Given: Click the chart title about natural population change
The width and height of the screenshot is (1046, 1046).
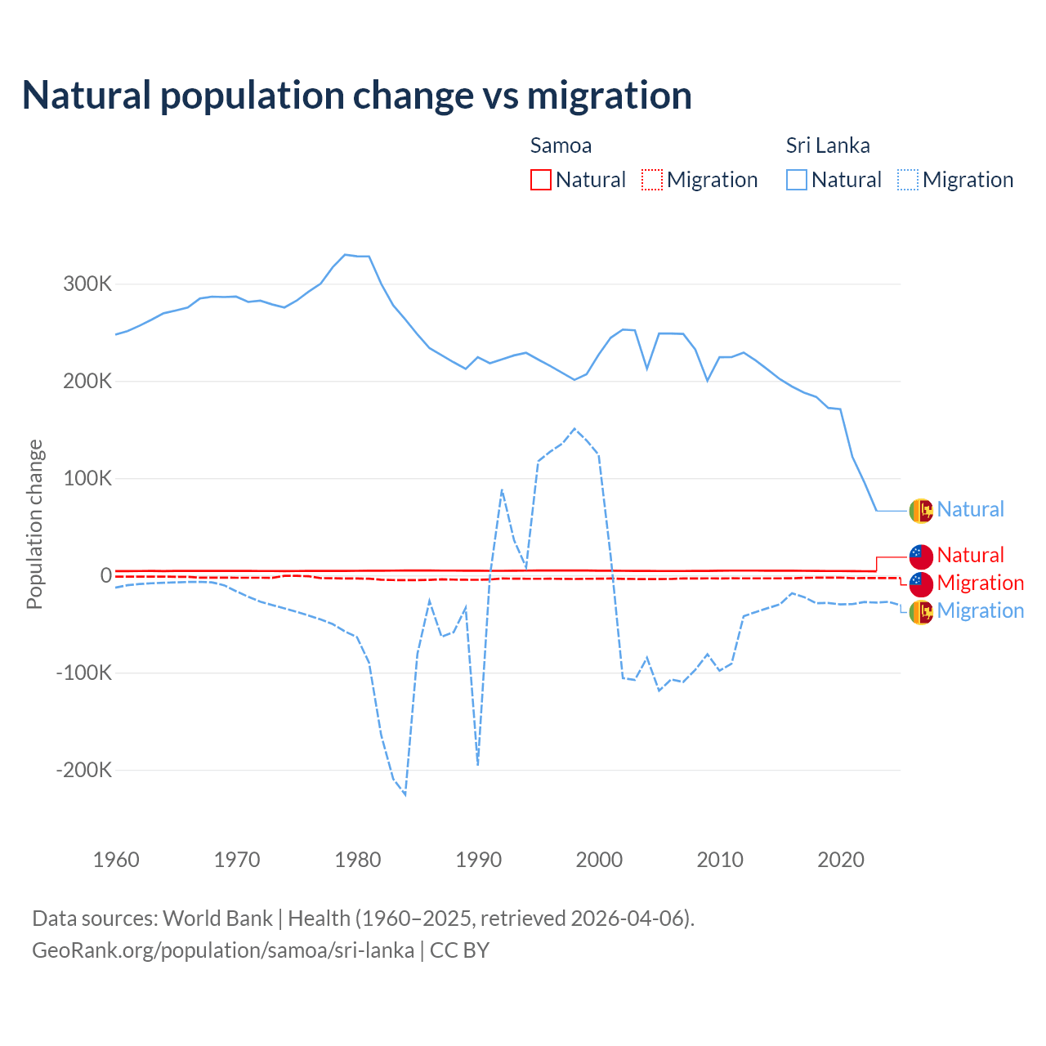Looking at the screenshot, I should [x=356, y=96].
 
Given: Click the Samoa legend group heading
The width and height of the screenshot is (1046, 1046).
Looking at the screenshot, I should [x=561, y=145].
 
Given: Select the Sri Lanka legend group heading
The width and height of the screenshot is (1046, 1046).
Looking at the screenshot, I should [x=827, y=145].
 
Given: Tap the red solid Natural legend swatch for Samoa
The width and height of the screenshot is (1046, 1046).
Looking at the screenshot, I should [x=541, y=180].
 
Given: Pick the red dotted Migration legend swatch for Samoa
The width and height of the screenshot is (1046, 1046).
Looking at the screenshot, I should [x=652, y=180].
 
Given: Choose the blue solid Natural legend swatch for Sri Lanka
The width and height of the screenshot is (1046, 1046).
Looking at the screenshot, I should [x=797, y=180].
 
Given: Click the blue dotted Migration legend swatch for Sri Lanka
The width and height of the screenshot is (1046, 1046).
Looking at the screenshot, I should [x=908, y=180].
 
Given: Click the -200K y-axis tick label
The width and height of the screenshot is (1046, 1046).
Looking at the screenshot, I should [x=84, y=770].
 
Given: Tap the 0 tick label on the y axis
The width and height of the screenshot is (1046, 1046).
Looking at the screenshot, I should [x=106, y=575].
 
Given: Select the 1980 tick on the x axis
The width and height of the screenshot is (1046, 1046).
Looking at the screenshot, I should [x=358, y=860].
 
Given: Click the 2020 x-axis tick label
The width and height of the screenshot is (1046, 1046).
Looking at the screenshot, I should [x=841, y=860].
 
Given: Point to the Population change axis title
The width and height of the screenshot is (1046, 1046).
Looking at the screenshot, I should [x=34, y=524].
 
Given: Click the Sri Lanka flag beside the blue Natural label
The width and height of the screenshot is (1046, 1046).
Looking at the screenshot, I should [x=921, y=511].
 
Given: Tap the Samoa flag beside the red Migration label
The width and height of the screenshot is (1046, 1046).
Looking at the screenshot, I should [x=921, y=583].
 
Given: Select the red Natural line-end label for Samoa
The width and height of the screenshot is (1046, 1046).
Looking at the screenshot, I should [x=970, y=555].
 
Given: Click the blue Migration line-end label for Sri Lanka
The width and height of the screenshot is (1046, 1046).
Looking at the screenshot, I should [x=980, y=610].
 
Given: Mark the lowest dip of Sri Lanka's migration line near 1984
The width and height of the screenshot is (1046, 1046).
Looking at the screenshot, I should [x=405, y=794].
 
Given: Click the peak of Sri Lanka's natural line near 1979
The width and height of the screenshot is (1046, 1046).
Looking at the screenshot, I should [x=346, y=255].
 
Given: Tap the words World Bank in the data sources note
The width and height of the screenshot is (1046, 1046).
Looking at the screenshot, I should [x=217, y=918].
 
